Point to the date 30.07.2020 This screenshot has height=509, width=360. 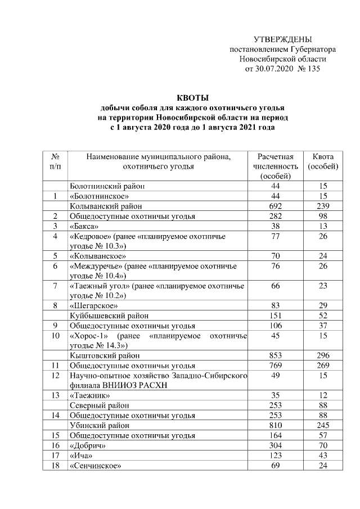[x=271, y=69]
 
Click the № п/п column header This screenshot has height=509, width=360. [x=56, y=161]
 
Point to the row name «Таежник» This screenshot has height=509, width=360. [x=85, y=395]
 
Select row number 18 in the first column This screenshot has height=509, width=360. [x=56, y=465]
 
